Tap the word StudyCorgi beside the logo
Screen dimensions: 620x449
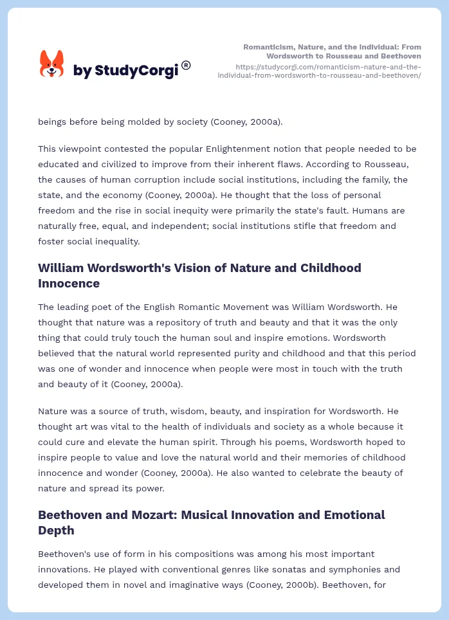point(136,71)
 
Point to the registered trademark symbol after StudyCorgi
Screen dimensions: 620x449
point(186,65)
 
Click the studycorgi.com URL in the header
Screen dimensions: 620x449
point(328,71)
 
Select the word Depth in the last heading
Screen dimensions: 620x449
point(57,530)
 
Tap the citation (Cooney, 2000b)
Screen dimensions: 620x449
point(286,585)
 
